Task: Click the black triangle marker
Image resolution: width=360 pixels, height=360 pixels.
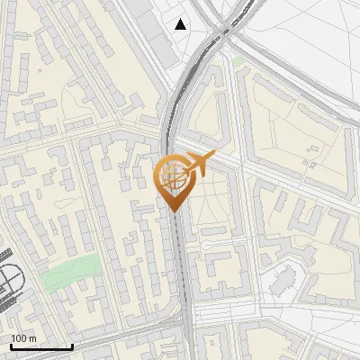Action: point(182,24)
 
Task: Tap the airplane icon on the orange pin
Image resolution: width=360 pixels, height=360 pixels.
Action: point(198,165)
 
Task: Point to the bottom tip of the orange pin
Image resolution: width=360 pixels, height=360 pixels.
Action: point(173,211)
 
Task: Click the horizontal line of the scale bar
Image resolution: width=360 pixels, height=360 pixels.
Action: point(41,346)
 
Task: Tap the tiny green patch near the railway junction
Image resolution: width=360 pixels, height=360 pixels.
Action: point(238,62)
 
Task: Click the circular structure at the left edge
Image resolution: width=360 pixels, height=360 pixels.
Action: point(9,284)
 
